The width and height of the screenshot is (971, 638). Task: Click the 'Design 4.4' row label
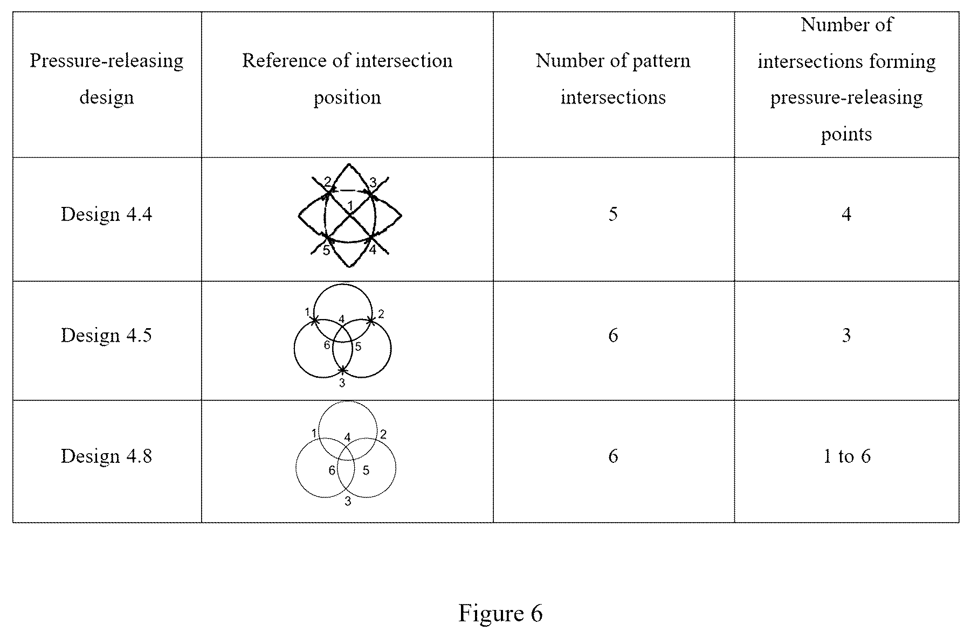[x=107, y=214]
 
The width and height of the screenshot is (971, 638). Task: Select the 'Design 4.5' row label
[x=107, y=335]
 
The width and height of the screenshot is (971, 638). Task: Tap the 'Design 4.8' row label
[x=107, y=456]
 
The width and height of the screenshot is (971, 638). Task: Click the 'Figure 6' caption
[x=500, y=613]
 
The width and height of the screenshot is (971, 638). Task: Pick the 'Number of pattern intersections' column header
[x=613, y=79]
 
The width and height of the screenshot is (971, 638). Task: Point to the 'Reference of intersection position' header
[x=347, y=79]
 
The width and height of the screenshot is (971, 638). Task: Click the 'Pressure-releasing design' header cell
[x=107, y=79]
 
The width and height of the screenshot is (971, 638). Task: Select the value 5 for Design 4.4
[x=613, y=214]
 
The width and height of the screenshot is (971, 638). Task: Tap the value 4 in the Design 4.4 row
[x=846, y=214]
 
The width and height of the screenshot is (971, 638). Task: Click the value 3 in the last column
[x=846, y=335]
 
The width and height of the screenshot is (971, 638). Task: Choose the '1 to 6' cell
[x=846, y=456]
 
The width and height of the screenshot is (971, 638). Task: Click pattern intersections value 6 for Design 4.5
[x=613, y=335]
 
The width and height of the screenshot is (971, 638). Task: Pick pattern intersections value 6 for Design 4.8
[x=613, y=456]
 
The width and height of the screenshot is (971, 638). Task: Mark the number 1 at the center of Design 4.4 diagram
[x=350, y=205]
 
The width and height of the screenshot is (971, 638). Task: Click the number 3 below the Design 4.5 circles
[x=342, y=383]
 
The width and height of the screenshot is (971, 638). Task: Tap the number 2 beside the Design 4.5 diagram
[x=381, y=314]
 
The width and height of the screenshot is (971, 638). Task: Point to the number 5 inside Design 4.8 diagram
[x=366, y=470]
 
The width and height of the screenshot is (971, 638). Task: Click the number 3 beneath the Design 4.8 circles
[x=348, y=502]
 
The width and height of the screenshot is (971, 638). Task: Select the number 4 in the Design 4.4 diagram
[x=373, y=250]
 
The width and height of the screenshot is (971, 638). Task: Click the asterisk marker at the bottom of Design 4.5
[x=343, y=370]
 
